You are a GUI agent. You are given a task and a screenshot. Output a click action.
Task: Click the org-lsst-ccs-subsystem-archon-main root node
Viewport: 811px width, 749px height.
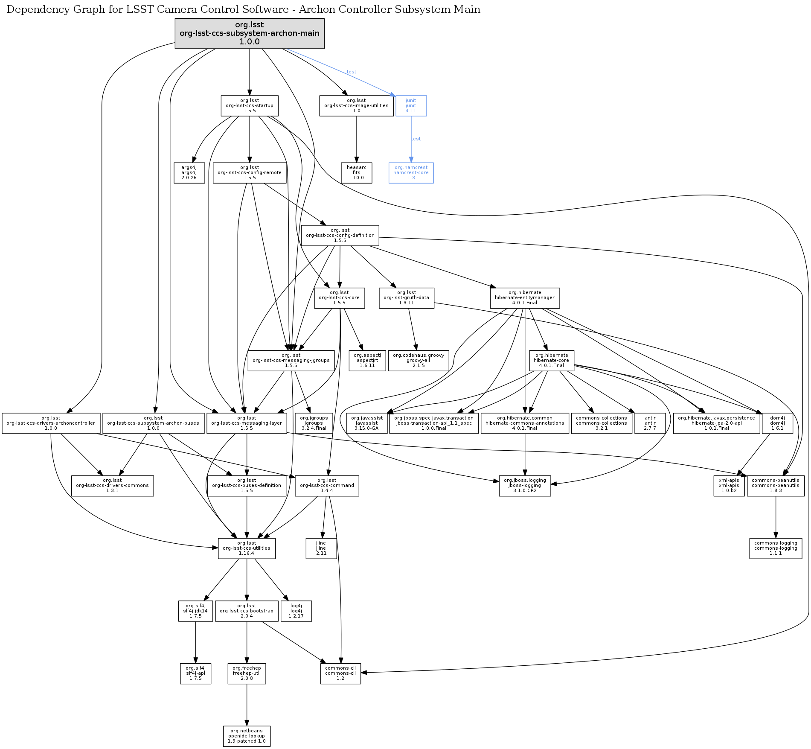tap(250, 33)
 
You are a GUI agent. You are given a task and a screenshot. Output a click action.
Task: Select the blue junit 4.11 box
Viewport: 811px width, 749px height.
tap(411, 106)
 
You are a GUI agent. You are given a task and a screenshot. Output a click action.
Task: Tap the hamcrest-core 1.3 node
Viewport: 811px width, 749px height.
tap(411, 173)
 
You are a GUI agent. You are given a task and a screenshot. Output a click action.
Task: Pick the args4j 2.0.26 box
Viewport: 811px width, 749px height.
tap(189, 173)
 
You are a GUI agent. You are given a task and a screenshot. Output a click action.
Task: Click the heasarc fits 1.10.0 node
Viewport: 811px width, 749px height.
tap(356, 173)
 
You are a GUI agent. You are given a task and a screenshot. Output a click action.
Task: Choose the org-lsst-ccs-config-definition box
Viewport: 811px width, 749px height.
tap(340, 236)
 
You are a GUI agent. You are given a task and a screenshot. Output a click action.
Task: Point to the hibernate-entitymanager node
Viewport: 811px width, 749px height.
tap(525, 298)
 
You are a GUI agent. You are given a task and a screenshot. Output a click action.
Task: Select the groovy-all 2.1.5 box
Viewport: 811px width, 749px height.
tap(418, 361)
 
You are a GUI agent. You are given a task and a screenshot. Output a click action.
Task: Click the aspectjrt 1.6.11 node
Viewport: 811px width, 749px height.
tap(367, 361)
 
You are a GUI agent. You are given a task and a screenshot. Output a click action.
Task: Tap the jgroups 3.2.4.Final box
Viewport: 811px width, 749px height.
tap(314, 423)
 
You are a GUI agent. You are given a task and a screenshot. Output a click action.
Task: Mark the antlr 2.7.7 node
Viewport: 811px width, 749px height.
tap(650, 423)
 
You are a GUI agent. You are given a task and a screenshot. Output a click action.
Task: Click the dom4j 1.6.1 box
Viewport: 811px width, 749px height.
tap(777, 423)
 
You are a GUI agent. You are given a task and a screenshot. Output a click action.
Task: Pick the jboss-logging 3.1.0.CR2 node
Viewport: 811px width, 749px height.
tap(525, 486)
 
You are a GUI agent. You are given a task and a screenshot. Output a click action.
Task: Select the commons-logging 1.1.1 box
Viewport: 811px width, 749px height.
tap(776, 548)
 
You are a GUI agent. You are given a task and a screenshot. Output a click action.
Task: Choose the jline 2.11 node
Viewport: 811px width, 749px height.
tap(321, 548)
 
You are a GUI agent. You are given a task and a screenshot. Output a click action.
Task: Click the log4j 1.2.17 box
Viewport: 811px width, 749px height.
tap(296, 611)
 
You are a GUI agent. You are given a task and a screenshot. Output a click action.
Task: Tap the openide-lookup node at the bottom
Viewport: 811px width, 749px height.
tap(247, 736)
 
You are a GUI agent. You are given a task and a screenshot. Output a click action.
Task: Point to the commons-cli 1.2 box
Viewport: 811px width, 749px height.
tap(340, 673)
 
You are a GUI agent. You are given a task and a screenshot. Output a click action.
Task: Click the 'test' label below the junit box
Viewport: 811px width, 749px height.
tap(416, 139)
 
